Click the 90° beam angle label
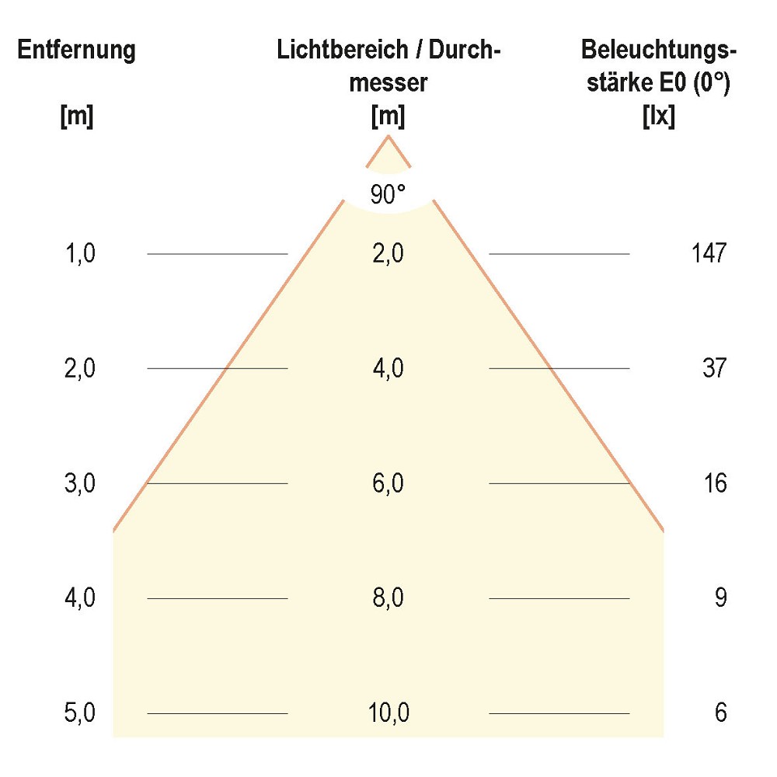pyautogui.click(x=388, y=194)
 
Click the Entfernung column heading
pyautogui.click(x=76, y=51)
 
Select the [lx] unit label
pyautogui.click(x=658, y=117)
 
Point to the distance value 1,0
pyautogui.click(x=81, y=253)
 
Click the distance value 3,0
pyautogui.click(x=81, y=483)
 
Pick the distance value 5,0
pyautogui.click(x=81, y=713)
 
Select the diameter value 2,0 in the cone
pyautogui.click(x=388, y=253)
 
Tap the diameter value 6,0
pyautogui.click(x=388, y=483)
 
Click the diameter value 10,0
pyautogui.click(x=388, y=713)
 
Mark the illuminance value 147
pyautogui.click(x=708, y=253)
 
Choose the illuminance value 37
pyautogui.click(x=713, y=368)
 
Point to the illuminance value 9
pyautogui.click(x=720, y=598)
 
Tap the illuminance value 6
pyautogui.click(x=720, y=713)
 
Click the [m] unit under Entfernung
pyautogui.click(x=76, y=117)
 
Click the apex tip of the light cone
pyautogui.click(x=388, y=138)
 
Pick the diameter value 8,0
pyautogui.click(x=388, y=598)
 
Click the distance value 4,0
pyautogui.click(x=81, y=598)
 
